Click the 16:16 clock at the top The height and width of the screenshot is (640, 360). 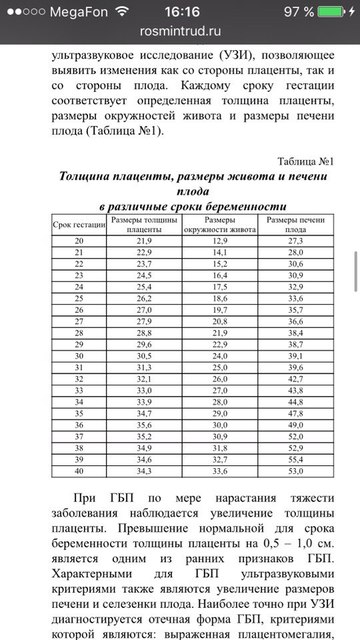(x=180, y=12)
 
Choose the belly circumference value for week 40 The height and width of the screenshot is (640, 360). (x=218, y=471)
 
